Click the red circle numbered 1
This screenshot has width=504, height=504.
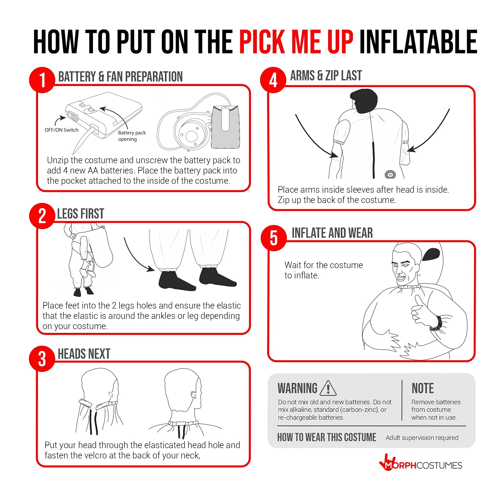point(42,80)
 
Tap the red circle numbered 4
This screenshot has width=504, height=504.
point(273,80)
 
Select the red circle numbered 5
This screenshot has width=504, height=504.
point(274,238)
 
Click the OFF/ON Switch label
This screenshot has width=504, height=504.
point(61,130)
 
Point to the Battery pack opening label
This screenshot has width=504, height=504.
point(132,136)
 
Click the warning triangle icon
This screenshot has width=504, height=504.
point(328,388)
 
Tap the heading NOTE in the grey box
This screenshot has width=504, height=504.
point(423,388)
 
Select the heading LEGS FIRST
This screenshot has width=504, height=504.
point(81,214)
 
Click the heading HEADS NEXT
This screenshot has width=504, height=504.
point(84,354)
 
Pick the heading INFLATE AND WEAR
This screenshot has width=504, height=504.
point(332,233)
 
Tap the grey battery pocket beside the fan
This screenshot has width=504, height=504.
point(226,127)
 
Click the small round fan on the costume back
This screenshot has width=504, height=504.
point(390,175)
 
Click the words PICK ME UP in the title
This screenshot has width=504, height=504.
point(296,41)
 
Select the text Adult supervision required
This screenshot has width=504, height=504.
point(422,438)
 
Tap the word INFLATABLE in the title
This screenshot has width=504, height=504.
point(419,41)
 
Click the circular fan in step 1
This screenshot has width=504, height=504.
point(191,135)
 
